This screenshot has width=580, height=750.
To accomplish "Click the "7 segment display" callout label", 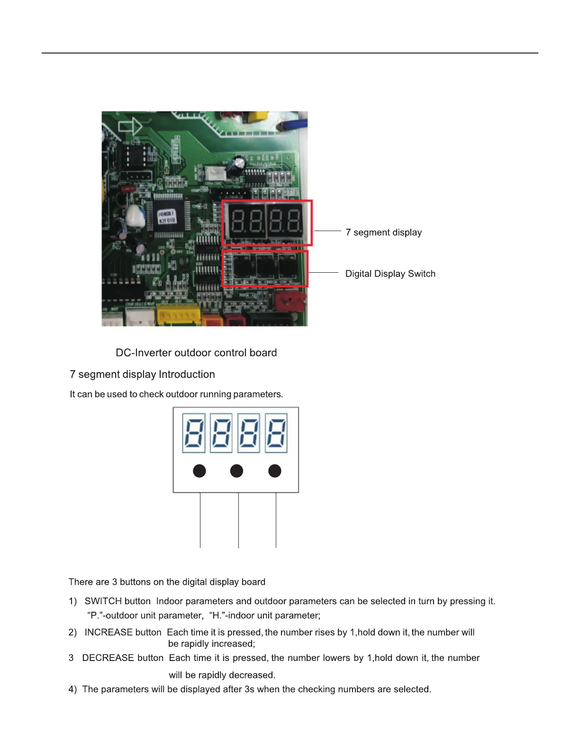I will pos(383,232).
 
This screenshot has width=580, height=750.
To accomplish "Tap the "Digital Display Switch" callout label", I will pos(390,274).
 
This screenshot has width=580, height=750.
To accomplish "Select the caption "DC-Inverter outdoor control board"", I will pos(196,353).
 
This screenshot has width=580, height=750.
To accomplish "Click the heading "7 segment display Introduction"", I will pos(142,375).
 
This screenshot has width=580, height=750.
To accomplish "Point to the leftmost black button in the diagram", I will pos(199,471).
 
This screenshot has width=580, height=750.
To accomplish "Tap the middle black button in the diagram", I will pos(236,471).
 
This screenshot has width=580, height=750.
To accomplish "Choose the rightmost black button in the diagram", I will pos(275,471).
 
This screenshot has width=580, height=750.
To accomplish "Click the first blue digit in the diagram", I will pos(194,433).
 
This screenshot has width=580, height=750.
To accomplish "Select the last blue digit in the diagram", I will pos(276,433).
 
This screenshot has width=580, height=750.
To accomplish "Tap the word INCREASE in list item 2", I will pos(108,633).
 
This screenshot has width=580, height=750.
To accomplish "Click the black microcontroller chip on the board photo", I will pos(167,217).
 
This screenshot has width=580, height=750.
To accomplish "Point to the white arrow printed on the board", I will pos(130,126).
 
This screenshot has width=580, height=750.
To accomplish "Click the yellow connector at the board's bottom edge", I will pos(178,314).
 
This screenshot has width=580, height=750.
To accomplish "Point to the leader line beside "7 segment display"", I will pos(327,231).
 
